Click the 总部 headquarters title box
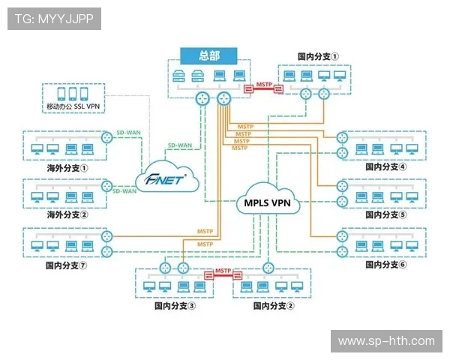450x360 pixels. click(x=208, y=55)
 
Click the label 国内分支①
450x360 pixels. click(x=318, y=56)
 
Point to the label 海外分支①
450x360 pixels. click(x=67, y=168)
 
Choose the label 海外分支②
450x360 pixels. click(x=67, y=215)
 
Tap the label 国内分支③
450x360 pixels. click(x=175, y=306)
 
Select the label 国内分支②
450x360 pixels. click(x=274, y=306)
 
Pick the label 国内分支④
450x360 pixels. click(x=385, y=167)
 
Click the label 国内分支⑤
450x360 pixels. click(x=385, y=214)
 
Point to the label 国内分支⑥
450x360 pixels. click(x=385, y=265)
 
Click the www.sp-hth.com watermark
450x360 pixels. click(x=386, y=341)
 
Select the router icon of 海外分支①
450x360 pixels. click(x=108, y=139)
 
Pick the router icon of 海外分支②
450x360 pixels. click(x=108, y=186)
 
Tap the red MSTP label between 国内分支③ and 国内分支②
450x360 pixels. click(x=223, y=271)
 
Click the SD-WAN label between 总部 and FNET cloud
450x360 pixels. click(x=178, y=145)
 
